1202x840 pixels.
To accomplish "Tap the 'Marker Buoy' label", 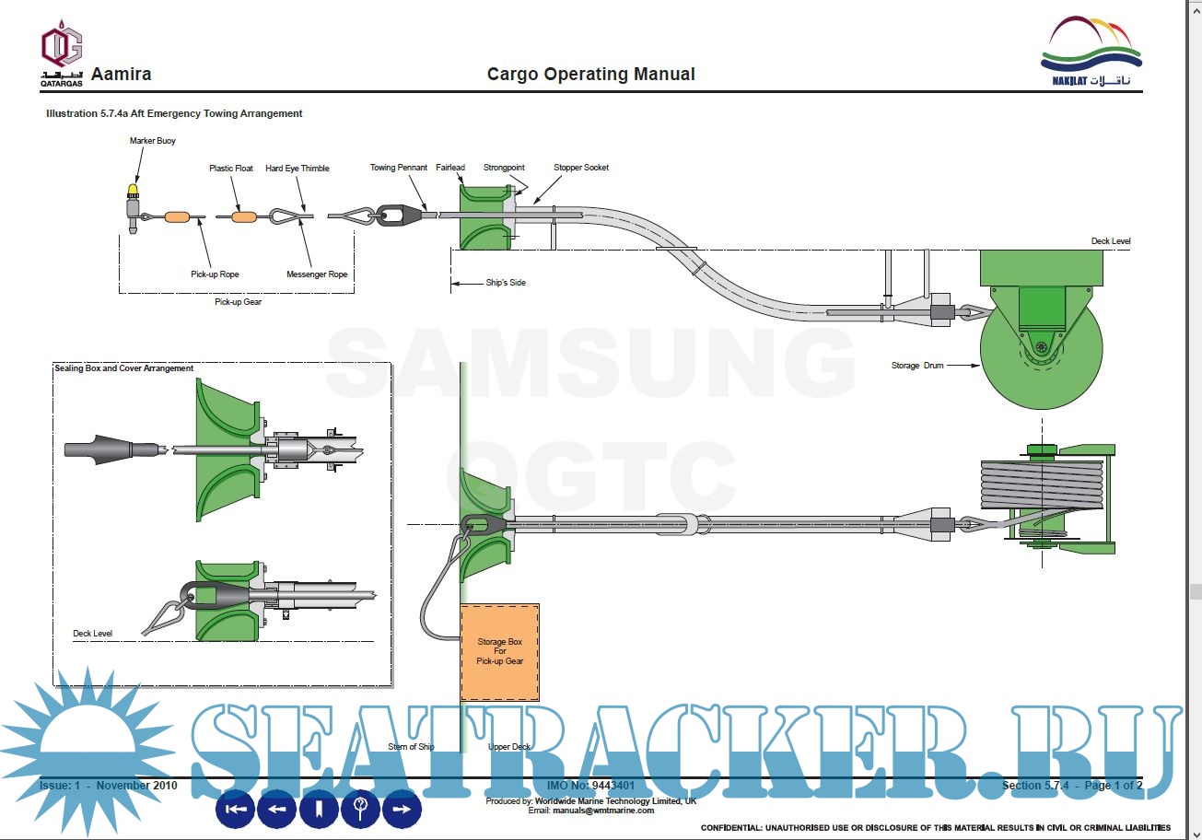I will coord(153,141).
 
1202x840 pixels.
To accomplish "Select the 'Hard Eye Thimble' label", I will coord(297,169).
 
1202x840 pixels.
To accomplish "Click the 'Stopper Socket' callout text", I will coord(580,168).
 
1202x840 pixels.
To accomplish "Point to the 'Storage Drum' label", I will coord(917,366).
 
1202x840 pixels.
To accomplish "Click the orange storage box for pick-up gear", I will coord(499,651).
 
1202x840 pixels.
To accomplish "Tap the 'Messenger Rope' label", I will coord(317,274).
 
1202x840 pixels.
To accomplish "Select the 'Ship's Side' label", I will coord(505,283).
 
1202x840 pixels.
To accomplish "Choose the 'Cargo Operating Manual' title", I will coord(590,75).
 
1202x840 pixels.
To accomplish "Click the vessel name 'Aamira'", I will coord(121,75).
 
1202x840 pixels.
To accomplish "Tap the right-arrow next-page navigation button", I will coord(402,810).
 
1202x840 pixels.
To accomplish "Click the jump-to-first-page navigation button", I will coord(236,810).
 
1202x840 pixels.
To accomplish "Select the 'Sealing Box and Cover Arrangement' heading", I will coord(123,368).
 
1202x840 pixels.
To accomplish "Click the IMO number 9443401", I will coord(590,786).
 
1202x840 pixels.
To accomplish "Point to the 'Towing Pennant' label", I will coord(398,168).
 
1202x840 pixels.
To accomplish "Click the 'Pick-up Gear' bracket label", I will coord(238,302).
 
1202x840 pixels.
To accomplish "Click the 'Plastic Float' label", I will coord(231,169).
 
